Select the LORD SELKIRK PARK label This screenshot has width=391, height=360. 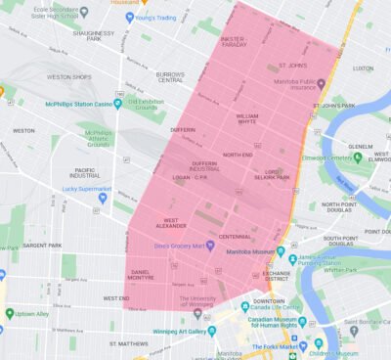pos(270,172)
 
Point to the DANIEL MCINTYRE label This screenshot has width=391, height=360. pos(141,276)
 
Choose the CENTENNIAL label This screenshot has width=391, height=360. pos(235,238)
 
